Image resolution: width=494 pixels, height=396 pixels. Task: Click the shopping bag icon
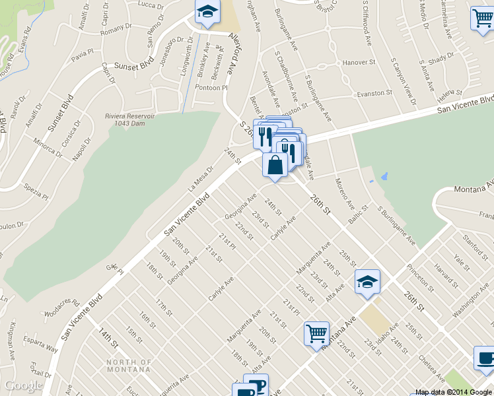pos(275,166)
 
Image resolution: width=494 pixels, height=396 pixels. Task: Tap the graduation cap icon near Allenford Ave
pos(207,13)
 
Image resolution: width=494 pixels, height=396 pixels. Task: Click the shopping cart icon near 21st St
pos(316,333)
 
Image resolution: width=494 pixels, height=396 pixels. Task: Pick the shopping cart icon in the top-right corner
pos(482,20)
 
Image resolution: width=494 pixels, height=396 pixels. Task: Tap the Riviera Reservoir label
pos(129,119)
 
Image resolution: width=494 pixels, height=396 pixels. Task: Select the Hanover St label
pos(359,63)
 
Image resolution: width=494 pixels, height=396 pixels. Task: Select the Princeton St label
pos(419,278)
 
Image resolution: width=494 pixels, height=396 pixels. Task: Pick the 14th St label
pos(108,337)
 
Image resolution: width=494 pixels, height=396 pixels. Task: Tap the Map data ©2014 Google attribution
pos(453,392)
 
